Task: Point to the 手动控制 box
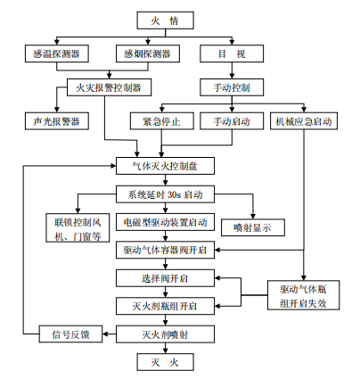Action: [x=233, y=87]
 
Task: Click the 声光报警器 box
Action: [x=51, y=119]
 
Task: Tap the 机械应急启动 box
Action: [x=305, y=121]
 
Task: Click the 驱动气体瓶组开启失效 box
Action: [x=305, y=296]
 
